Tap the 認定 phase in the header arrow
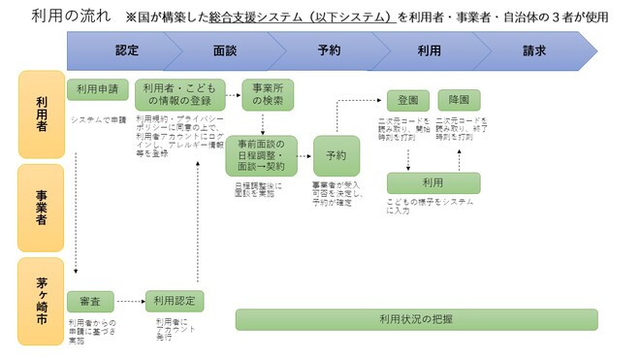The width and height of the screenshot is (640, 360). tap(127, 49)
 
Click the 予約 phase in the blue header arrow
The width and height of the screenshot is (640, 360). tap(329, 49)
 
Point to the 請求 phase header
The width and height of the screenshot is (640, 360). tap(534, 49)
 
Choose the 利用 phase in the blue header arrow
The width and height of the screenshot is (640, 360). tap(430, 49)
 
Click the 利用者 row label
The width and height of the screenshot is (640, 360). tap(41, 114)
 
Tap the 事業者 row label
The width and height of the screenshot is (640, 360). tap(41, 206)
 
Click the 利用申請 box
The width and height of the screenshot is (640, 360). tap(98, 89)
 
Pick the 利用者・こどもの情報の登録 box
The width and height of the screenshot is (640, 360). tap(181, 95)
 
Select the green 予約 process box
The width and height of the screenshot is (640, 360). tap(336, 155)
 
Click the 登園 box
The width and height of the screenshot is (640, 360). tap(407, 100)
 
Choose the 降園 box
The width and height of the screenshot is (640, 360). tap(458, 100)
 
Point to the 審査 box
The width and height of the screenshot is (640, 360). tap(90, 301)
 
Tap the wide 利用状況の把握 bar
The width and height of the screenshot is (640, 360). tap(416, 319)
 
